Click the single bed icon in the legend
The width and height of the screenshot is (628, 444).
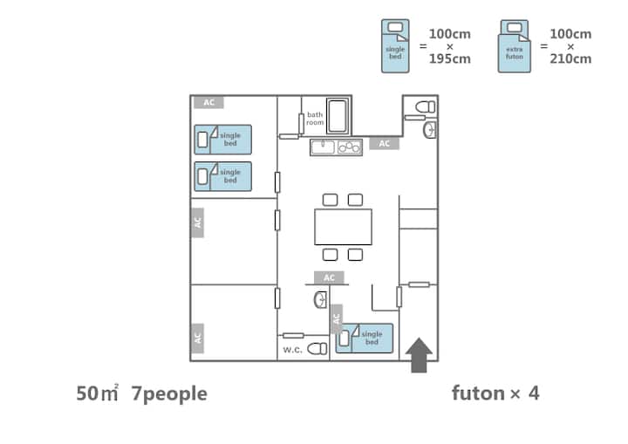(395, 46)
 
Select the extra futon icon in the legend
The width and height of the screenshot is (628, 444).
(514, 46)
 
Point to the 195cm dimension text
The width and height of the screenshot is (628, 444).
(450, 59)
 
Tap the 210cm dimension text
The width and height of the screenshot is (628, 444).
(570, 59)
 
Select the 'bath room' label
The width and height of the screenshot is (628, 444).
(315, 119)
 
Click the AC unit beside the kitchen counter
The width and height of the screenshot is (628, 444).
(384, 143)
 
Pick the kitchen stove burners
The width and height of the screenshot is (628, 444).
(349, 147)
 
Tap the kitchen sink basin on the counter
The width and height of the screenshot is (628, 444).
(322, 147)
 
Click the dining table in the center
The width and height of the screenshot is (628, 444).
(343, 227)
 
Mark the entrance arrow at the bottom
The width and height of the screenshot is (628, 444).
(420, 356)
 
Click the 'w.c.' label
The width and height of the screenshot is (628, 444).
(292, 349)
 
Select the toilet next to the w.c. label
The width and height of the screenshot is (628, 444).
(317, 348)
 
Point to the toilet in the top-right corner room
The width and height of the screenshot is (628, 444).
(425, 106)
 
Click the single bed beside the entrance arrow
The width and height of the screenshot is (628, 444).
(365, 337)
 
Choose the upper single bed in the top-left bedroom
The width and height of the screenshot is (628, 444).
(222, 140)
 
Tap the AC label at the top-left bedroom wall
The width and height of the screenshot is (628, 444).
(208, 102)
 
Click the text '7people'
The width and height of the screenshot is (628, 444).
(169, 393)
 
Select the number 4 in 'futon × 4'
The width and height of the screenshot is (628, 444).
(533, 393)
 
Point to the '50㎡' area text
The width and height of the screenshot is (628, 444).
(97, 393)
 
